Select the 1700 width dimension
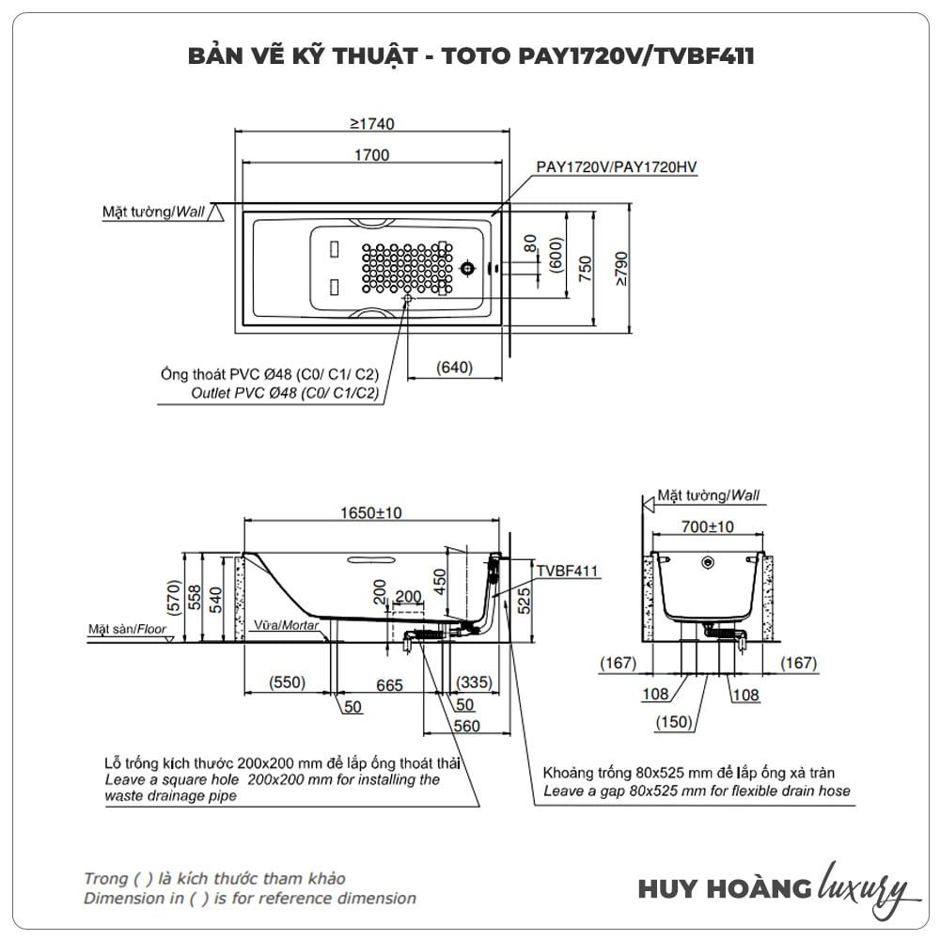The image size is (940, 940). point(371,155)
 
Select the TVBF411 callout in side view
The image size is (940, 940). point(568,571)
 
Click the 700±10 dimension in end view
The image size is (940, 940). point(708,527)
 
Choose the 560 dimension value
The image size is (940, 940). point(466,726)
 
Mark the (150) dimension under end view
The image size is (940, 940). point(674,722)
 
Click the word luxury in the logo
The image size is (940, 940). point(863,885)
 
